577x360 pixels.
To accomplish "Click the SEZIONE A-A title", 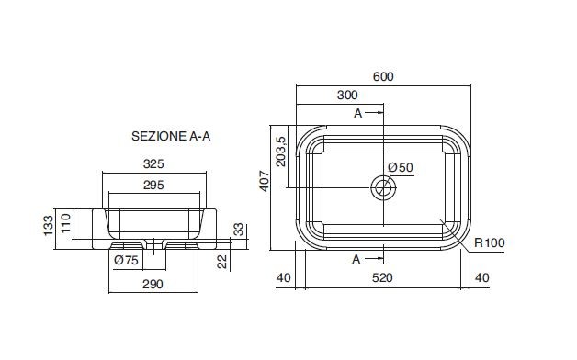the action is (171, 137).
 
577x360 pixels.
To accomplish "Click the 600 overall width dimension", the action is (383, 76).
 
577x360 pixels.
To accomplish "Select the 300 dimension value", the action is (347, 95).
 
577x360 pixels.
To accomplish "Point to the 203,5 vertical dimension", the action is (281, 152).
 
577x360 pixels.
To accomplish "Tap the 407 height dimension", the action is (265, 181).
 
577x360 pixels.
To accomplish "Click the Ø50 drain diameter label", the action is (401, 167).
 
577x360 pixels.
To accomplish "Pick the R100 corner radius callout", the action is (490, 242).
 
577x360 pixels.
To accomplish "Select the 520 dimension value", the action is (382, 277).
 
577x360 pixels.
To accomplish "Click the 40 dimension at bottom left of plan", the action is (283, 277).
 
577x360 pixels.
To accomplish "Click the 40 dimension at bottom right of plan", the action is (482, 277).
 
